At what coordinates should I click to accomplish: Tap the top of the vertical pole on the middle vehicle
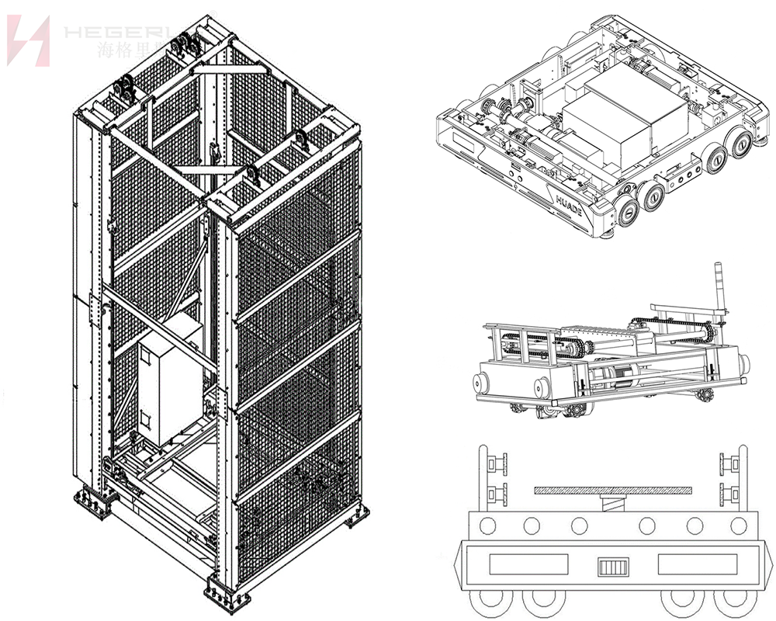pyautogui.click(x=719, y=268)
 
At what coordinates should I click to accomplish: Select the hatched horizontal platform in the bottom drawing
pyautogui.click(x=612, y=490)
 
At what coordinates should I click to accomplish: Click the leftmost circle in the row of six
pyautogui.click(x=487, y=526)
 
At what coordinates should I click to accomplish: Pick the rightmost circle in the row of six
pyautogui.click(x=738, y=526)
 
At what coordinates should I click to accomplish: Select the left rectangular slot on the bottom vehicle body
pyautogui.click(x=527, y=564)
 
